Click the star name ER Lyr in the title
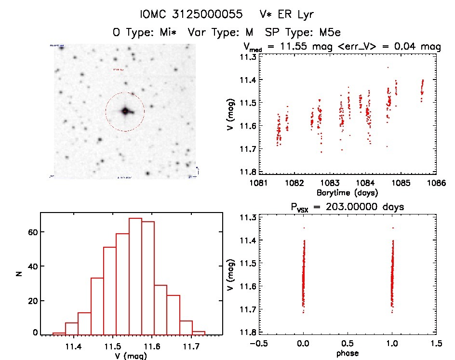pyautogui.click(x=287, y=14)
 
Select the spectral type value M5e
pyautogui.click(x=328, y=33)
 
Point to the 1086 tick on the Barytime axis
pyautogui.click(x=437, y=183)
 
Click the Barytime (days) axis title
pyautogui.click(x=347, y=193)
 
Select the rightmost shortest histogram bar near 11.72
pyautogui.click(x=199, y=333)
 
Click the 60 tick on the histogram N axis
pyautogui.click(x=32, y=232)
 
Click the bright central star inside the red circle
pyautogui.click(x=125, y=111)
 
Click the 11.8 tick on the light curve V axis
pyautogui.click(x=248, y=172)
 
